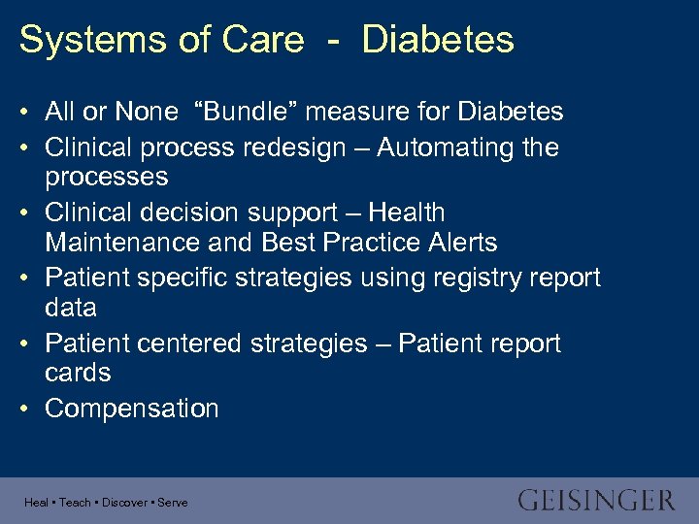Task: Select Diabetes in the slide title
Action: [438, 40]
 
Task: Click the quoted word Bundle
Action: [237, 112]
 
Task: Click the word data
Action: [71, 308]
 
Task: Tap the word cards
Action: [78, 373]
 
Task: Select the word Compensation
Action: [132, 409]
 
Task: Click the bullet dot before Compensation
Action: [23, 409]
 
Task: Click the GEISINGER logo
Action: [596, 501]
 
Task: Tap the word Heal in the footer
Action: [37, 503]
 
